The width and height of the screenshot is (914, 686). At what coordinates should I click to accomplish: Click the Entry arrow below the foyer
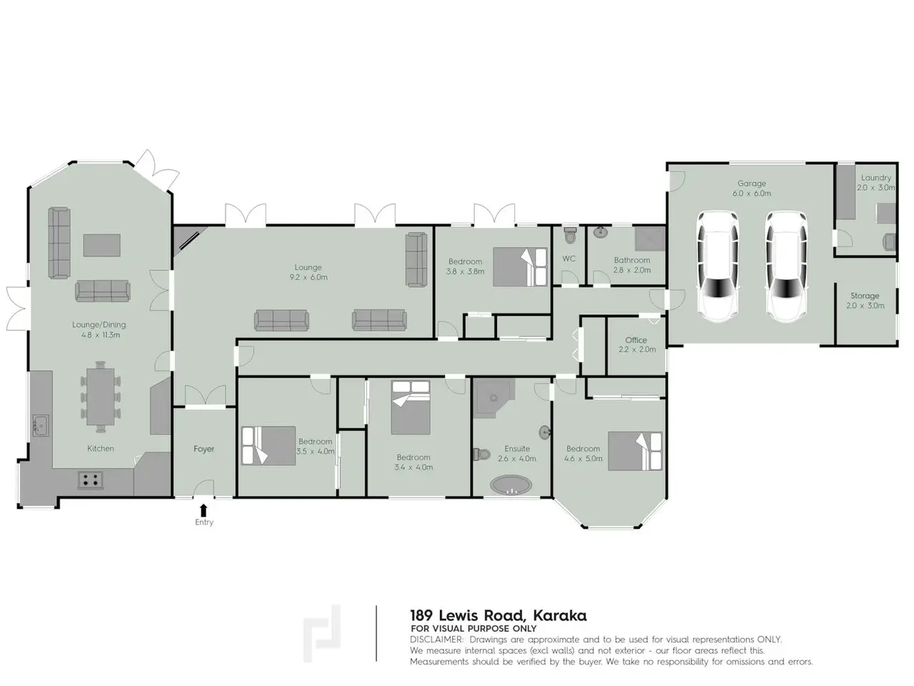(204, 509)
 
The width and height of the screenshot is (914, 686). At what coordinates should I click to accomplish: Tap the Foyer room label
(204, 449)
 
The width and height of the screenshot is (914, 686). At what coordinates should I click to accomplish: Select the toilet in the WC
(569, 235)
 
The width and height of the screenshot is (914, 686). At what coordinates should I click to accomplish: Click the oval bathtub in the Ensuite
(511, 484)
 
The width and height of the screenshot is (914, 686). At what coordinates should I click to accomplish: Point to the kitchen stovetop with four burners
(91, 479)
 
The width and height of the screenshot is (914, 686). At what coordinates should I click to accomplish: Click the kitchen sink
(41, 425)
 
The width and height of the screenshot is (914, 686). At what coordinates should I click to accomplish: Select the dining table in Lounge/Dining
(101, 397)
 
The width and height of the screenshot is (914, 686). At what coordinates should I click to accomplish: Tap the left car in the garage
(718, 267)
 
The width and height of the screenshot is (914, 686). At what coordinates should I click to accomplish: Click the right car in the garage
(786, 267)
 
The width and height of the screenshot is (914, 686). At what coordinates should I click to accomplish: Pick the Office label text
(636, 340)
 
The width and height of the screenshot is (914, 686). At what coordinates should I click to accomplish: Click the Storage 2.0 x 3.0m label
(865, 300)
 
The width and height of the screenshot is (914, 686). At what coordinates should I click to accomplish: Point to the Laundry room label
(875, 178)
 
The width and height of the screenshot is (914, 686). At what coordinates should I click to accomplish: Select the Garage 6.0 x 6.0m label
(752, 188)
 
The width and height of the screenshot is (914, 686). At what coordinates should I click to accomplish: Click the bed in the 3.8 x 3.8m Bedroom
(520, 267)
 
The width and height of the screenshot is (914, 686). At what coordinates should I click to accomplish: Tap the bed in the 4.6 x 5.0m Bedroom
(635, 451)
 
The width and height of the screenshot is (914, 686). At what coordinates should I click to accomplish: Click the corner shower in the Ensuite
(493, 397)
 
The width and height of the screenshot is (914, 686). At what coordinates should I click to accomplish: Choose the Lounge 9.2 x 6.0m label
(308, 272)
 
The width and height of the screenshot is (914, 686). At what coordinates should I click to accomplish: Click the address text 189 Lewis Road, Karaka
(498, 615)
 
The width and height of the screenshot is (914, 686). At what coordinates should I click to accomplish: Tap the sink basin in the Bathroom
(600, 232)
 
